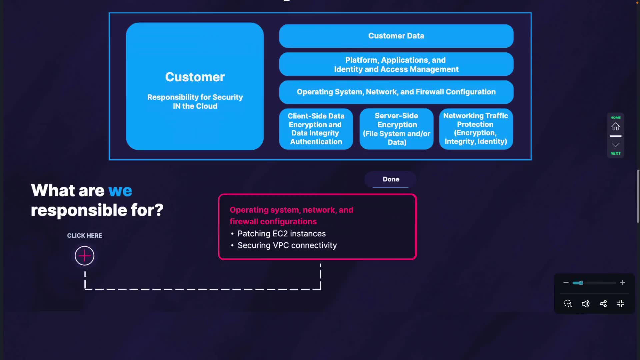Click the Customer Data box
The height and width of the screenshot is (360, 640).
[x=396, y=36]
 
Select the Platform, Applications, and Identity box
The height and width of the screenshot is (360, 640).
[x=396, y=64]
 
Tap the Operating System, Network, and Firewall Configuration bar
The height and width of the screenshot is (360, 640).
[x=396, y=92]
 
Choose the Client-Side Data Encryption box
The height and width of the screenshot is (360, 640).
[x=316, y=129]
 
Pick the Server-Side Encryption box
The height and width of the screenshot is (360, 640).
[x=396, y=129]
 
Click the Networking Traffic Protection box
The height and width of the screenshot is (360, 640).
[x=476, y=129]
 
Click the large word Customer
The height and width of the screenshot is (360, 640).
[x=195, y=77]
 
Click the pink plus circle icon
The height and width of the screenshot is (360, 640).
[x=84, y=256]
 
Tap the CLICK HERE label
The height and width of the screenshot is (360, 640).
[x=84, y=236]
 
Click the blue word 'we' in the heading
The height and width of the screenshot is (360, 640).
[x=120, y=191]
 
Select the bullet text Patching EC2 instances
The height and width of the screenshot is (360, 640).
[x=281, y=234]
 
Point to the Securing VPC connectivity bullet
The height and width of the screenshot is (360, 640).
[x=287, y=245]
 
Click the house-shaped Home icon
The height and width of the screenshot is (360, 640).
[x=615, y=127]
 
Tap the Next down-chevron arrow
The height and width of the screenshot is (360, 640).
[x=615, y=145]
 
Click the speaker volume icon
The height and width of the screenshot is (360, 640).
[x=585, y=304]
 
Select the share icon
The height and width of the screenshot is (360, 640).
[x=603, y=304]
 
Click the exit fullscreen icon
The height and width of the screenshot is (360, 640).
[x=621, y=304]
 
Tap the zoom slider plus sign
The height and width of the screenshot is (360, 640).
[x=622, y=283]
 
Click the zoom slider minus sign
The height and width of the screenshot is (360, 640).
[x=566, y=283]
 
